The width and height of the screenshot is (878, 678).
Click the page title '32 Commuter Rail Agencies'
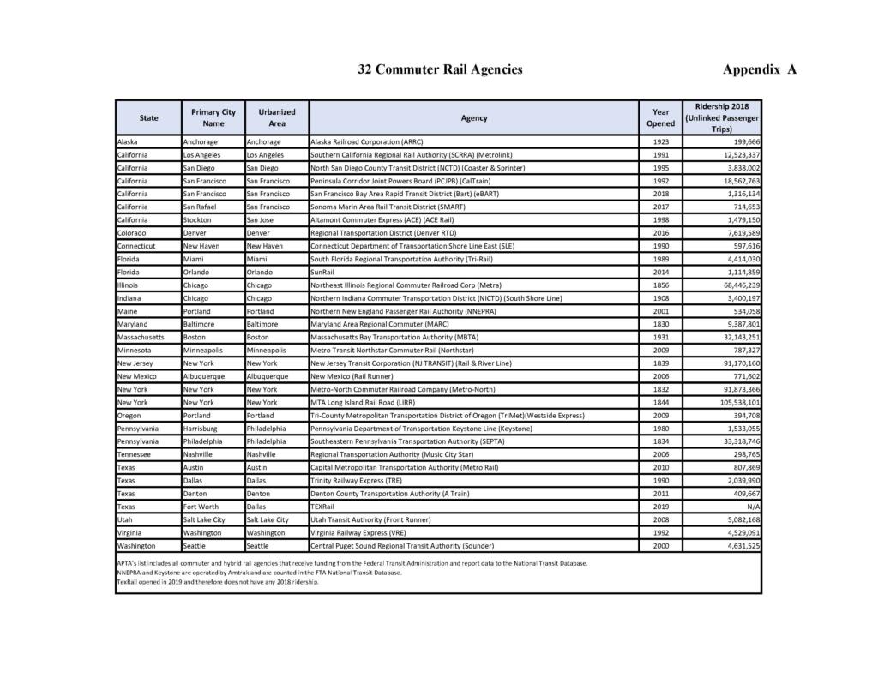(440, 69)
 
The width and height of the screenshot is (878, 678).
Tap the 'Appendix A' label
(760, 69)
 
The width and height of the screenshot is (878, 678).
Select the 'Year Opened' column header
(660, 117)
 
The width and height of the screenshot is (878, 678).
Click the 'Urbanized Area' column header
(277, 117)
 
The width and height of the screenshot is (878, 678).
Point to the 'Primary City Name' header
(213, 117)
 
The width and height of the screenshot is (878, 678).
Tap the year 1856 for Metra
(660, 285)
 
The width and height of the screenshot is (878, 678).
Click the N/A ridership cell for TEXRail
(753, 507)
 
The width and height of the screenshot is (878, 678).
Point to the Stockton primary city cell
(199, 219)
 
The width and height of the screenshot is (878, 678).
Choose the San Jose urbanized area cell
(263, 219)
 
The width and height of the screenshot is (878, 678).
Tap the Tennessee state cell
(138, 454)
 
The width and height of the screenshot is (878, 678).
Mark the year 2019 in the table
(660, 507)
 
